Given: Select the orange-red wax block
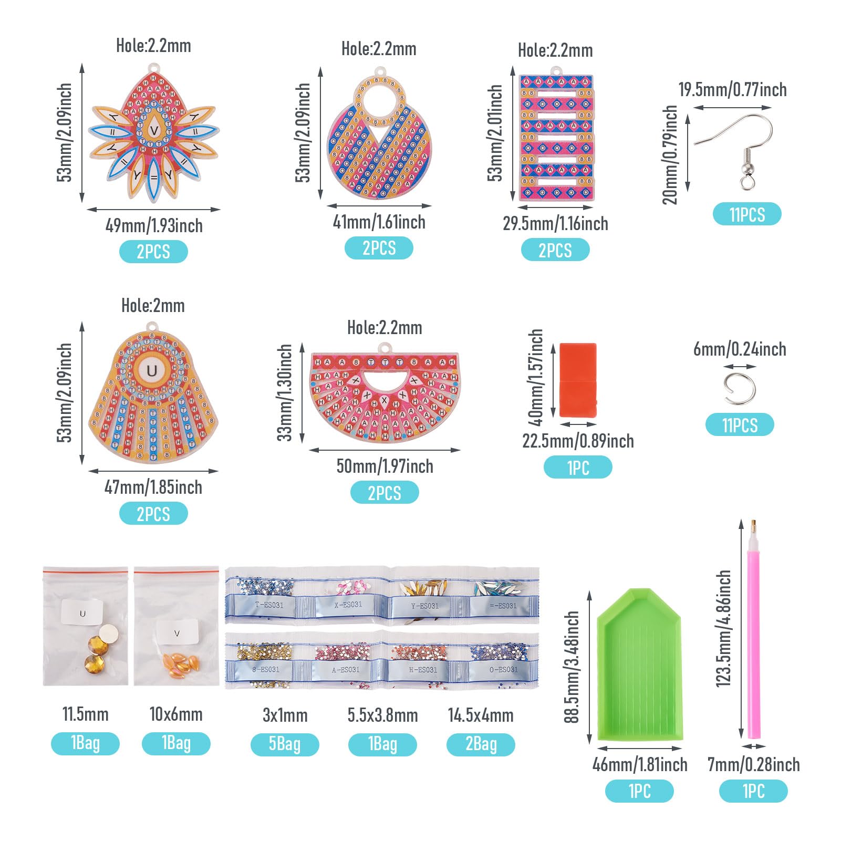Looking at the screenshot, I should click(578, 379).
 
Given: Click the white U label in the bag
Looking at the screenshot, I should click(82, 613).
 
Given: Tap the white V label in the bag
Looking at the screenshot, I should click(176, 633).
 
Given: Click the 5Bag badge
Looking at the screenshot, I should click(285, 744).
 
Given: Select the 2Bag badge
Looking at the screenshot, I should click(481, 744).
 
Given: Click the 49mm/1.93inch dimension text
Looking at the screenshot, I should click(154, 226).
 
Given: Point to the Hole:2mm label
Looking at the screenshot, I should click(153, 306).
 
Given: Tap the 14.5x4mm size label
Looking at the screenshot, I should click(481, 715).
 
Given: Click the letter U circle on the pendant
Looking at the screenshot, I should click(152, 371).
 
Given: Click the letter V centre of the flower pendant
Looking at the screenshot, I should click(154, 130).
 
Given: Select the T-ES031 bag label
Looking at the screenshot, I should click(269, 605).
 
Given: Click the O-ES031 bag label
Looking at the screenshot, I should click(503, 670).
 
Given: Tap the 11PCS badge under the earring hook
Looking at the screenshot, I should click(747, 214).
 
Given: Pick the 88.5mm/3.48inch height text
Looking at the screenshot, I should click(572, 667).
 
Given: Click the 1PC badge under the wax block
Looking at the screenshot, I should click(578, 468).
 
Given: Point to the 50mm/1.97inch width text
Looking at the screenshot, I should click(385, 466).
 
